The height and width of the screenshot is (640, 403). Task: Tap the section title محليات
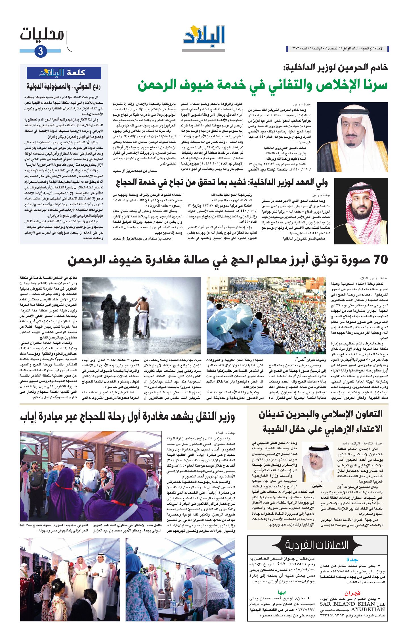click(42, 35)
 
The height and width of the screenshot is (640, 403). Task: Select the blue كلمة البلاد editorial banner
click(64, 73)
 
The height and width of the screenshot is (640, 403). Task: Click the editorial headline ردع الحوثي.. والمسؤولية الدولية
click(64, 86)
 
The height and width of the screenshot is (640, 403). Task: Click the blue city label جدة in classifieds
click(352, 560)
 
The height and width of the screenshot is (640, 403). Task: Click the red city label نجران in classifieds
click(352, 593)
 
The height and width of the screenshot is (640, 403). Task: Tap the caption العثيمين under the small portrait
click(318, 486)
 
